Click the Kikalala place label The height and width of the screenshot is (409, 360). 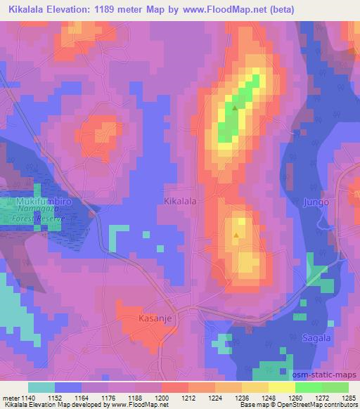tap(179, 201)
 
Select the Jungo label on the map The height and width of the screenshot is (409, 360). tap(316, 202)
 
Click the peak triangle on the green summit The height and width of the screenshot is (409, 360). tap(235, 108)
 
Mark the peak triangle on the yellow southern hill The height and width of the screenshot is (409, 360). tap(236, 235)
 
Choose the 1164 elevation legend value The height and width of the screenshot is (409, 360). tap(81, 398)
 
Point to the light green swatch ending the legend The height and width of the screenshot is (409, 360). tap(335, 387)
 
